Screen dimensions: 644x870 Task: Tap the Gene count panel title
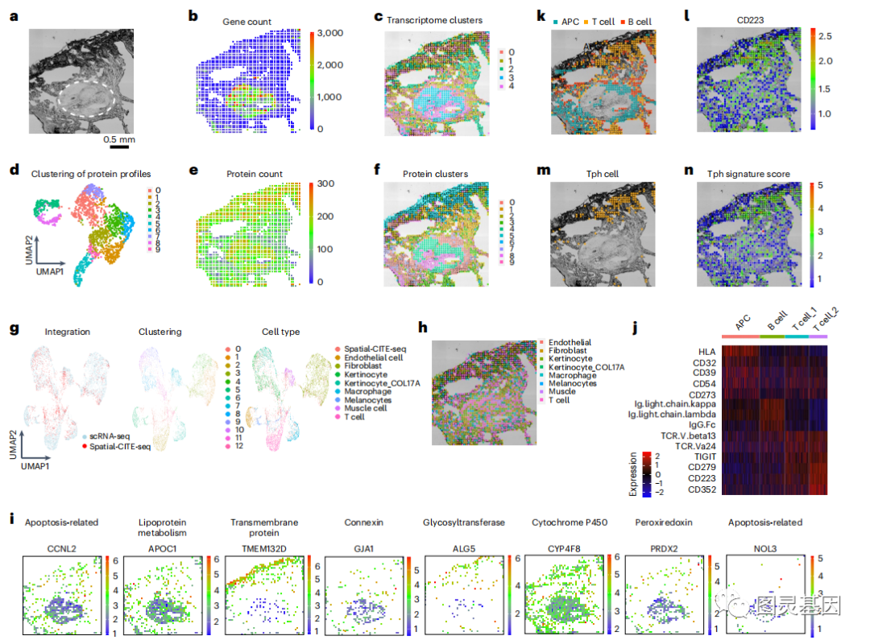246,22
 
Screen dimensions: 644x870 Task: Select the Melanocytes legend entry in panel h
573,384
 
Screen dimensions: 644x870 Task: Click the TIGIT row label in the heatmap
701,456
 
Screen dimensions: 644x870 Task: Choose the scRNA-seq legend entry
105,434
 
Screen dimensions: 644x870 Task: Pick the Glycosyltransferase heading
464,522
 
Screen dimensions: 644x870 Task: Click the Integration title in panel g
68,331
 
